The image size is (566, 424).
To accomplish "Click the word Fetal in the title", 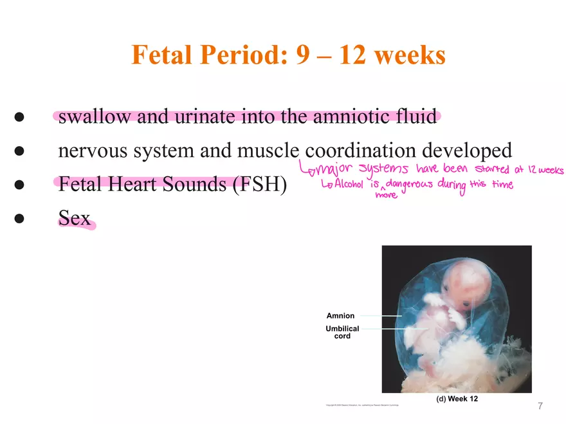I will click(160, 55).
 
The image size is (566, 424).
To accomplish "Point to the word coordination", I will click(360, 151).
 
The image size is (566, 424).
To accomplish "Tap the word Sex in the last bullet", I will click(74, 218).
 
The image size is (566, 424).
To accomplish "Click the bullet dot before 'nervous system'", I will click(19, 151).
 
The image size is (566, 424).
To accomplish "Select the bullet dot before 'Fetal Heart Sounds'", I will click(19, 185).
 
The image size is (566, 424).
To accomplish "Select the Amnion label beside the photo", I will click(340, 316).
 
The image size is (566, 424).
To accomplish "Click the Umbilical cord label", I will click(342, 332).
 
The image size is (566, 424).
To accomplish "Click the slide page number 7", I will click(540, 406).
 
